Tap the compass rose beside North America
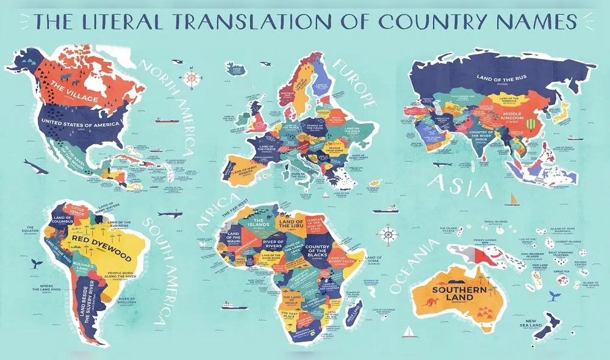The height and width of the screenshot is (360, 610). pyautogui.click(x=193, y=78)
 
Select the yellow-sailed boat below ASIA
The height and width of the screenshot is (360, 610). pyautogui.click(x=515, y=200)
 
